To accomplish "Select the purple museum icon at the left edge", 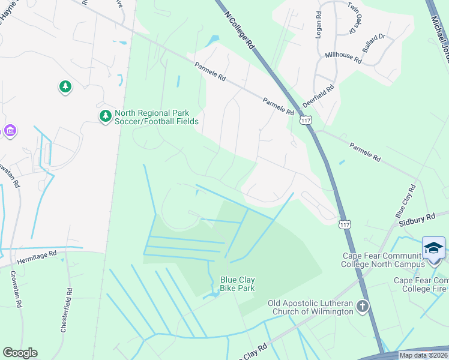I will tap(9, 130).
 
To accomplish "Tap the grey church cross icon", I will tap(362, 307).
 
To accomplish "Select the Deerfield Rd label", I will tap(318, 96).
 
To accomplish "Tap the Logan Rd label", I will tap(319, 23).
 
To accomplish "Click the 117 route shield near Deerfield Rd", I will tap(306, 120).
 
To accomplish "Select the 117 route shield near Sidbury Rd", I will tap(344, 224).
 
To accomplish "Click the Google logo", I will tap(20, 353).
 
